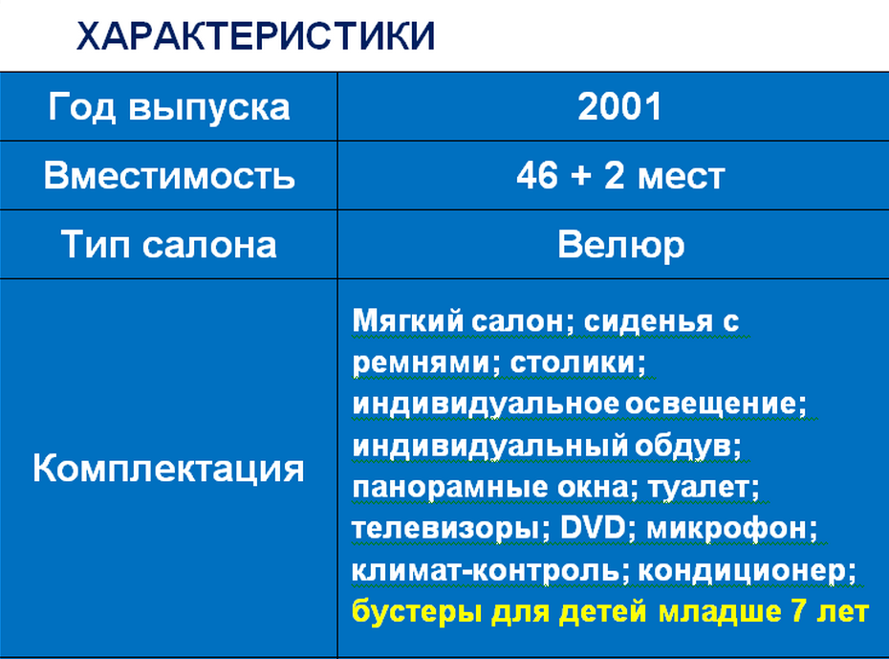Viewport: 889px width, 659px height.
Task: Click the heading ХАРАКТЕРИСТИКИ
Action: pyautogui.click(x=255, y=36)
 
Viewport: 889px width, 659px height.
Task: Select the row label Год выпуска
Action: pyautogui.click(x=169, y=107)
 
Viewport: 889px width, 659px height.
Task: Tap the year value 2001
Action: pyautogui.click(x=619, y=106)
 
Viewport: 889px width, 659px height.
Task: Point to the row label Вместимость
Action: pyautogui.click(x=169, y=175)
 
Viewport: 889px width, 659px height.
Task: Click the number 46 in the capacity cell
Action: pyautogui.click(x=536, y=175)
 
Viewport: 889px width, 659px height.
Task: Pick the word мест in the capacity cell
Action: pyautogui.click(x=682, y=177)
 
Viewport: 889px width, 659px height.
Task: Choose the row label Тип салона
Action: pyautogui.click(x=169, y=245)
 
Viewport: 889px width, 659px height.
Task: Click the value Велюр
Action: pyautogui.click(x=620, y=246)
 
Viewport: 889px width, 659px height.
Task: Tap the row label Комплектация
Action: pyautogui.click(x=168, y=469)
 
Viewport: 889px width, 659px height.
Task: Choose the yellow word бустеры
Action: pyautogui.click(x=418, y=612)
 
